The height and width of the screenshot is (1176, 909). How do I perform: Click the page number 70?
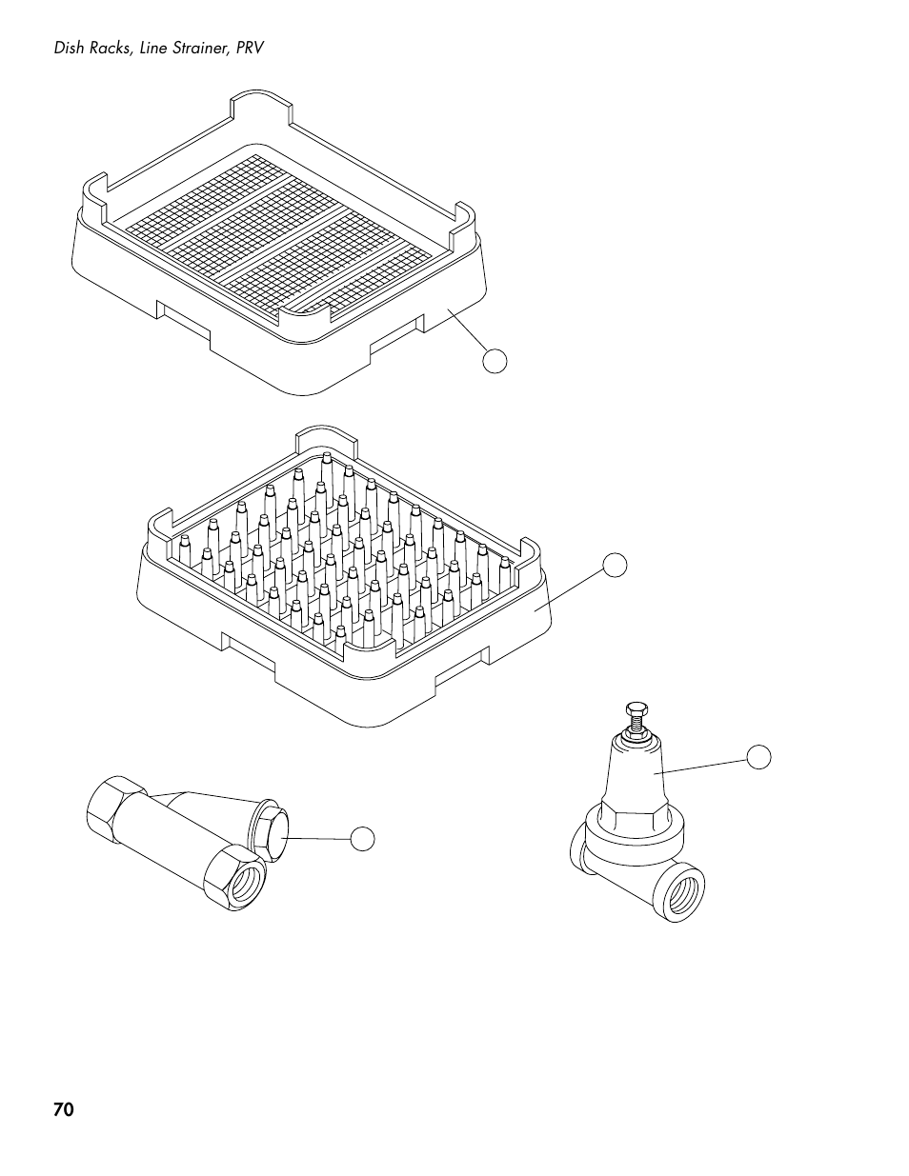tap(64, 1110)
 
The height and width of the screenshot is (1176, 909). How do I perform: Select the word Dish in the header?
tap(69, 48)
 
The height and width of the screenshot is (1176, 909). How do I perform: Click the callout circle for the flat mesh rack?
tap(494, 360)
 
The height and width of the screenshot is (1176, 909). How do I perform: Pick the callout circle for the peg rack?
tap(616, 565)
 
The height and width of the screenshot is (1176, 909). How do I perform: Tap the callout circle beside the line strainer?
tap(362, 839)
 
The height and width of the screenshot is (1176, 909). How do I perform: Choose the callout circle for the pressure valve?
tap(757, 757)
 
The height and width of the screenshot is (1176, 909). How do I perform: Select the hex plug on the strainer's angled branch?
tap(271, 831)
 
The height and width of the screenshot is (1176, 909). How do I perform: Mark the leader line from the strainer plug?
tap(318, 838)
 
